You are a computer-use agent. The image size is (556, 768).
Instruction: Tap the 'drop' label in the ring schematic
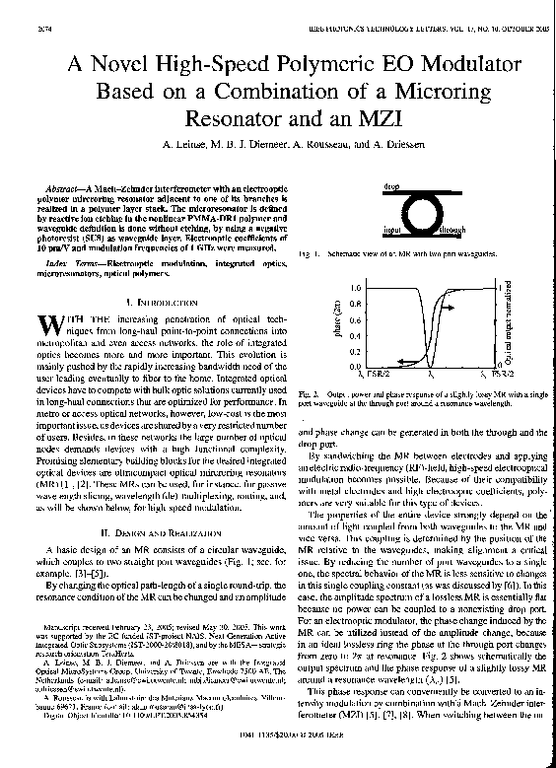coord(391,185)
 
